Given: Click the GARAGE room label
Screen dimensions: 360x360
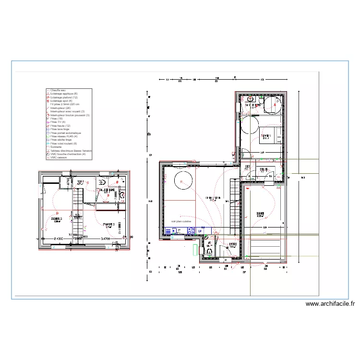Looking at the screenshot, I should [x=260, y=214].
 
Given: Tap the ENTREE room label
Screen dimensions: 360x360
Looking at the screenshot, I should [x=233, y=245].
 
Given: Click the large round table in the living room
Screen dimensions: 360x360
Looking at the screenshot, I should [x=184, y=182].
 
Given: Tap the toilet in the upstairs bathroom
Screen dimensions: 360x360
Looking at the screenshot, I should [x=102, y=182].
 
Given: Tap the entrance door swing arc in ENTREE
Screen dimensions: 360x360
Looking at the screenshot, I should [x=222, y=253].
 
